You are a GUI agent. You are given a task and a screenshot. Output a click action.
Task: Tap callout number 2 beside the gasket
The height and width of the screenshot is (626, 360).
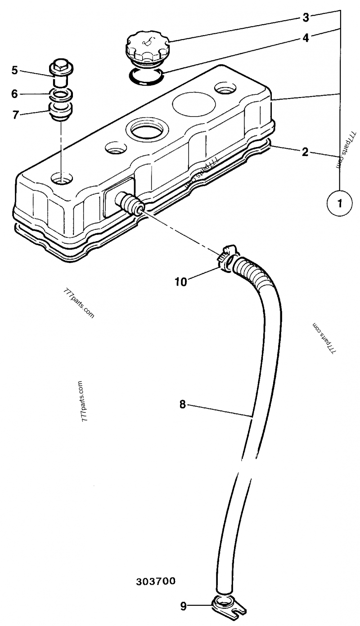pyautogui.click(x=305, y=152)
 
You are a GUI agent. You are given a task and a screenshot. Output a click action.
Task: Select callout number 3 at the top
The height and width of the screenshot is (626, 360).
pyautogui.click(x=306, y=18)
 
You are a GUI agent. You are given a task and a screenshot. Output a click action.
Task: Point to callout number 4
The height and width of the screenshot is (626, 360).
pyautogui.click(x=306, y=38)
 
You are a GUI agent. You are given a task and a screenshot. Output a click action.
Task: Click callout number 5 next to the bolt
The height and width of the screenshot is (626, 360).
pyautogui.click(x=14, y=70)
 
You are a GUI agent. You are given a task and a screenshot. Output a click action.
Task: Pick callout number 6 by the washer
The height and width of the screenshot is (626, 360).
pyautogui.click(x=14, y=94)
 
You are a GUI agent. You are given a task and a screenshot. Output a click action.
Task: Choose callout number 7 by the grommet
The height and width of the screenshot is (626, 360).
pyautogui.click(x=16, y=115)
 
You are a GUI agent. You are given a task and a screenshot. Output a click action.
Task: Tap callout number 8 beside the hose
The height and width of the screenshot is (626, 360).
pyautogui.click(x=182, y=404)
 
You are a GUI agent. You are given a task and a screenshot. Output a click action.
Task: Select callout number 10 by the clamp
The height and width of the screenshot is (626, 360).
pyautogui.click(x=181, y=282)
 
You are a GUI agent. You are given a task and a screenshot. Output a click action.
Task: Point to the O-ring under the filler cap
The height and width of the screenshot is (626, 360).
pyautogui.click(x=146, y=76)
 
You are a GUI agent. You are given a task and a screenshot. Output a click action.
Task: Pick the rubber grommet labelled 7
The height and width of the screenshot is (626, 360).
pyautogui.click(x=60, y=111)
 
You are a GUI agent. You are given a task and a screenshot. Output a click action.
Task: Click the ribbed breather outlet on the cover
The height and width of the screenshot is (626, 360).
pyautogui.click(x=129, y=203)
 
